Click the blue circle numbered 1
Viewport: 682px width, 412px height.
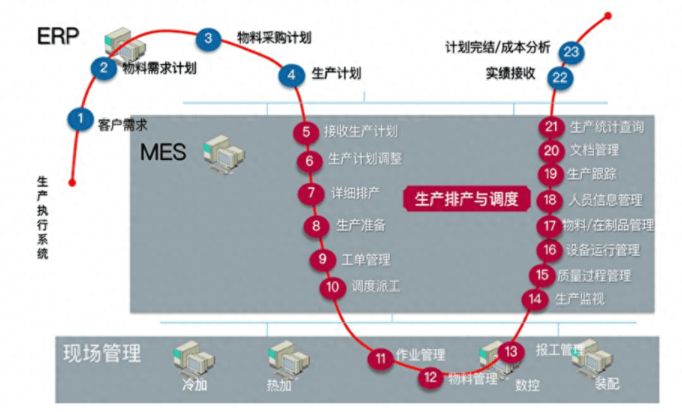(79, 119)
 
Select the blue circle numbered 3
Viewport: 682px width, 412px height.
(209, 38)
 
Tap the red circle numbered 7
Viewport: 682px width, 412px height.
(311, 192)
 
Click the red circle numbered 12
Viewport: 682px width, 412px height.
(430, 378)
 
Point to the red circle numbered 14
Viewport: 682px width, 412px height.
(535, 299)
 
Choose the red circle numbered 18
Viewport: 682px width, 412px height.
(551, 200)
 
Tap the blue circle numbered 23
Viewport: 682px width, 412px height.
(572, 52)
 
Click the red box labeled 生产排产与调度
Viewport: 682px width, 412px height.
(466, 199)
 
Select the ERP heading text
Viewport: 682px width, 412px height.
(58, 35)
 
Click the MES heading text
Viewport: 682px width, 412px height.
(163, 152)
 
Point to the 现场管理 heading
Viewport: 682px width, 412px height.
(101, 352)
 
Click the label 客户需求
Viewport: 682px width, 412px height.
(122, 125)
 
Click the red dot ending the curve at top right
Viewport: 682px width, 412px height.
(608, 14)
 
